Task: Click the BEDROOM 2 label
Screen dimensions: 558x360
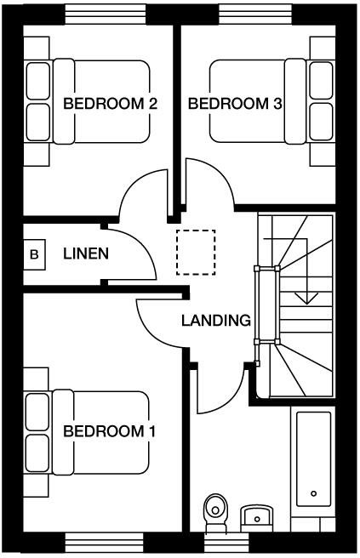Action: (x=111, y=104)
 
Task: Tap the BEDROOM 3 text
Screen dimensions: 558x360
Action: (x=235, y=104)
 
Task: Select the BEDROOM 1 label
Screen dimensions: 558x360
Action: (x=109, y=431)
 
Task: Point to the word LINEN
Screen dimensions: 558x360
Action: (x=86, y=253)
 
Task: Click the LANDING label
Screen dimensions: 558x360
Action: (x=215, y=321)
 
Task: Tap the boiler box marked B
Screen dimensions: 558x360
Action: (x=35, y=253)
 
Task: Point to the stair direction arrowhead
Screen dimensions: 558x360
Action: (x=306, y=298)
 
